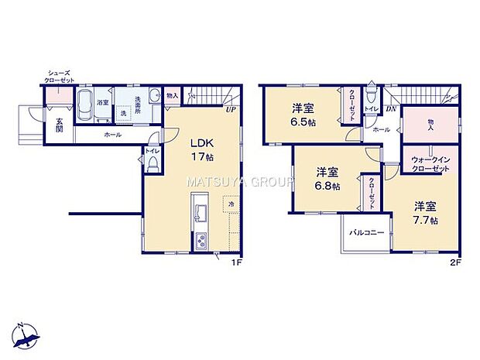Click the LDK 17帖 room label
click(x=202, y=149)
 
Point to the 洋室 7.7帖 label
click(x=424, y=213)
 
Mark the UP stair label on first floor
click(x=230, y=109)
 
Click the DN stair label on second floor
click(x=392, y=109)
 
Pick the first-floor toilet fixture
click(x=154, y=165)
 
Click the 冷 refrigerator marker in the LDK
click(x=231, y=205)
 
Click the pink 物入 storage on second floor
click(x=428, y=123)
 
